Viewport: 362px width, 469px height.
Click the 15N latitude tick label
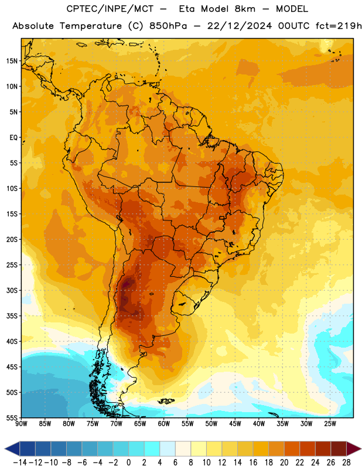click(12, 61)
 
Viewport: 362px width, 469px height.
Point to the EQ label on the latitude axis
click(13, 138)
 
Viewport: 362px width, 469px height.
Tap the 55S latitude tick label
click(12, 417)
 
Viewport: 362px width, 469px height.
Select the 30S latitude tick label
click(12, 290)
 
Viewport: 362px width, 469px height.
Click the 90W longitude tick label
click(21, 424)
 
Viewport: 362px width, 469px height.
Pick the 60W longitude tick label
click(163, 424)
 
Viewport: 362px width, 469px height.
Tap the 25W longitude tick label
click(330, 424)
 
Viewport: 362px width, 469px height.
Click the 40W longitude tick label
click(258, 424)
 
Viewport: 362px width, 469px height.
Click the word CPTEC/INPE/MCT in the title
click(110, 9)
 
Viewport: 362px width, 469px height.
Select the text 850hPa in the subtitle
click(168, 26)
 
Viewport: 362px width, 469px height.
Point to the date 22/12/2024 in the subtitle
click(240, 26)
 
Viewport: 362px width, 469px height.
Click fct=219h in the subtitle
click(339, 26)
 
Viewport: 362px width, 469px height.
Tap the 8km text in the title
click(245, 9)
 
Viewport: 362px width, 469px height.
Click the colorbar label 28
click(346, 463)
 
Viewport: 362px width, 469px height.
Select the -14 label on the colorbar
click(20, 463)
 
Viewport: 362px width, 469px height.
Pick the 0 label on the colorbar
click(128, 463)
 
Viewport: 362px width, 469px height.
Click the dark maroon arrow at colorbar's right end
click(354, 448)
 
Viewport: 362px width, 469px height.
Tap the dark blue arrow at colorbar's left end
click(12, 448)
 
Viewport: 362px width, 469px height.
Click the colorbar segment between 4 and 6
click(168, 448)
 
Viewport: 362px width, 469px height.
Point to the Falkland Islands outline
click(166, 401)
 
